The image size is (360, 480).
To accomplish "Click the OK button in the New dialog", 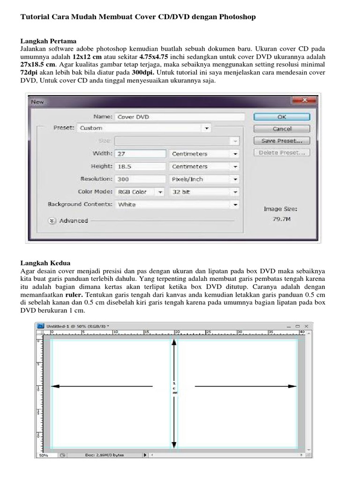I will [281, 117].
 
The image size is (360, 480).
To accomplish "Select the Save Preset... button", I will [281, 140].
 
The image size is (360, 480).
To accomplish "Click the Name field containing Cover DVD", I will [180, 117].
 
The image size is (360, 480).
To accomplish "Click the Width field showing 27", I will [141, 154].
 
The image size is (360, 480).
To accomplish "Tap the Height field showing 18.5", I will [141, 166].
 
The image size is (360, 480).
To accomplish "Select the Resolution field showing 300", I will [141, 179].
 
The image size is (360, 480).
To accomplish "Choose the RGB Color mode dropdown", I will [140, 192].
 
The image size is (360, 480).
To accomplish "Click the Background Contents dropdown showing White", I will [177, 204].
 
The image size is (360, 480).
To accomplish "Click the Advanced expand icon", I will [52, 221].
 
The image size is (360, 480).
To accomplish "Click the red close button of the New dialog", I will [305, 100].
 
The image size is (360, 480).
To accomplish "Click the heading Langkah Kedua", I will [45, 263].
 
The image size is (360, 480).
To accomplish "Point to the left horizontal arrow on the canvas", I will [101, 386].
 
